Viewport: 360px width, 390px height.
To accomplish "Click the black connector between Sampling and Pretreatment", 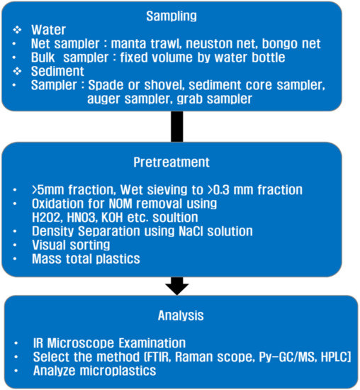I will click(177, 127).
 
